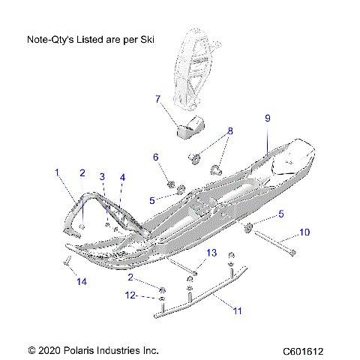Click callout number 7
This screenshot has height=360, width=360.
coord(157,99)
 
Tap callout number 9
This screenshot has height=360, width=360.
coord(267,118)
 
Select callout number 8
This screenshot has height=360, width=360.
coord(230,130)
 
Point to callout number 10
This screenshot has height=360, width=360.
coord(304,232)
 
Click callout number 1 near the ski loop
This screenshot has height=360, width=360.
coord(56,173)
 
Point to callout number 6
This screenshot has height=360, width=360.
coord(156,157)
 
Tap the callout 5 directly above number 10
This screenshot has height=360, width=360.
coord(280,214)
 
